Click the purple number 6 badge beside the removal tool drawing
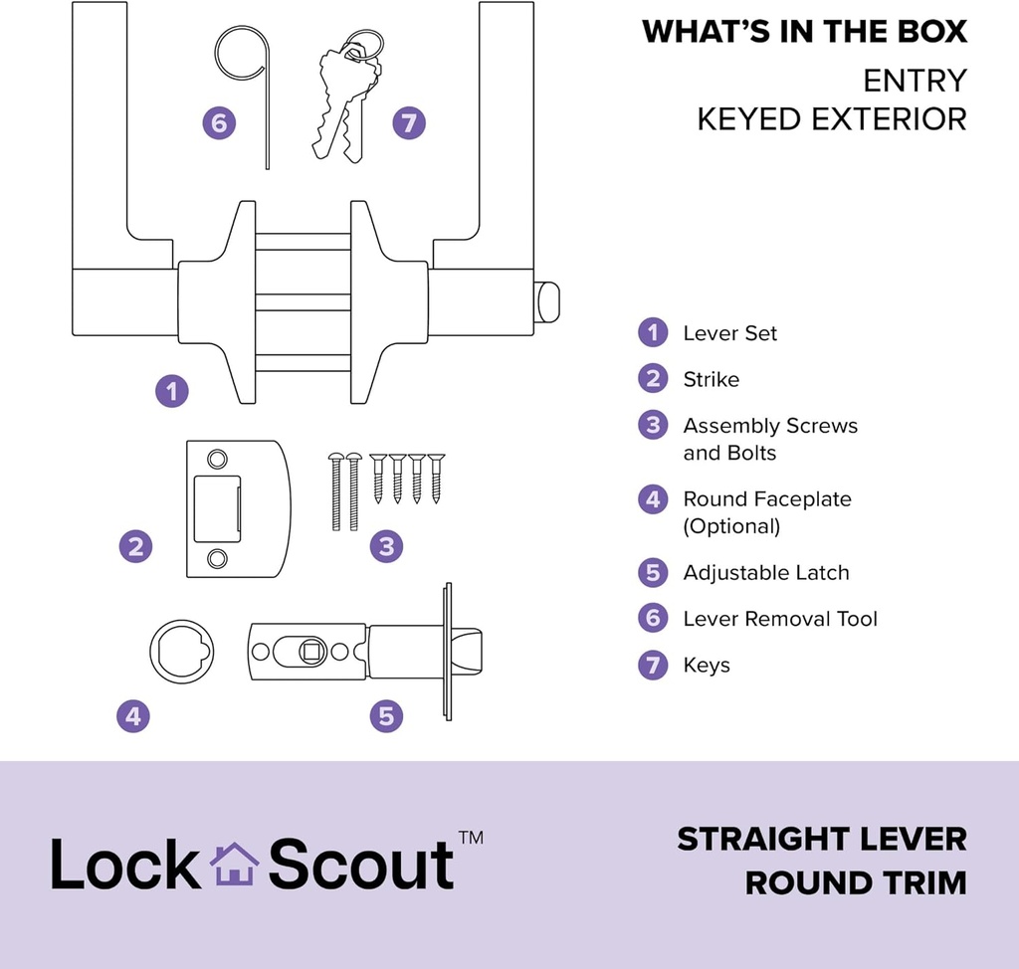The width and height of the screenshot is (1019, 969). point(220,124)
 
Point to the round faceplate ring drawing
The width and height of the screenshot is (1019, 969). point(181,652)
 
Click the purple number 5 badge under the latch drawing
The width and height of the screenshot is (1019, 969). point(386,715)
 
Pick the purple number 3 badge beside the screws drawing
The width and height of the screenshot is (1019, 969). point(386,546)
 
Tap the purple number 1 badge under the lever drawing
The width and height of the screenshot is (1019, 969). point(171,391)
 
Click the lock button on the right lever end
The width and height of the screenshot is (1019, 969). point(547,302)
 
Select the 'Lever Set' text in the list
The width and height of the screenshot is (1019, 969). point(729,333)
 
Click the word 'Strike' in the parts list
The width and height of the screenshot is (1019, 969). point(711,379)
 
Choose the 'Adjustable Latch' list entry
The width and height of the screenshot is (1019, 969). point(765,572)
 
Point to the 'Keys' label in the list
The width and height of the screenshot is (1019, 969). point(707,665)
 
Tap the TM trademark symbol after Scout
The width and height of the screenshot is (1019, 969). point(471,838)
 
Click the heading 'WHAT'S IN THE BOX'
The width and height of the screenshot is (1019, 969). point(804,32)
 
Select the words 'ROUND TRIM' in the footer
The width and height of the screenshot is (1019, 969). point(856,882)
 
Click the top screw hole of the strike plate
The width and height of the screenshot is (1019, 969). point(216,459)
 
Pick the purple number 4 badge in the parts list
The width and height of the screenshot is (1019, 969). point(653,499)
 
